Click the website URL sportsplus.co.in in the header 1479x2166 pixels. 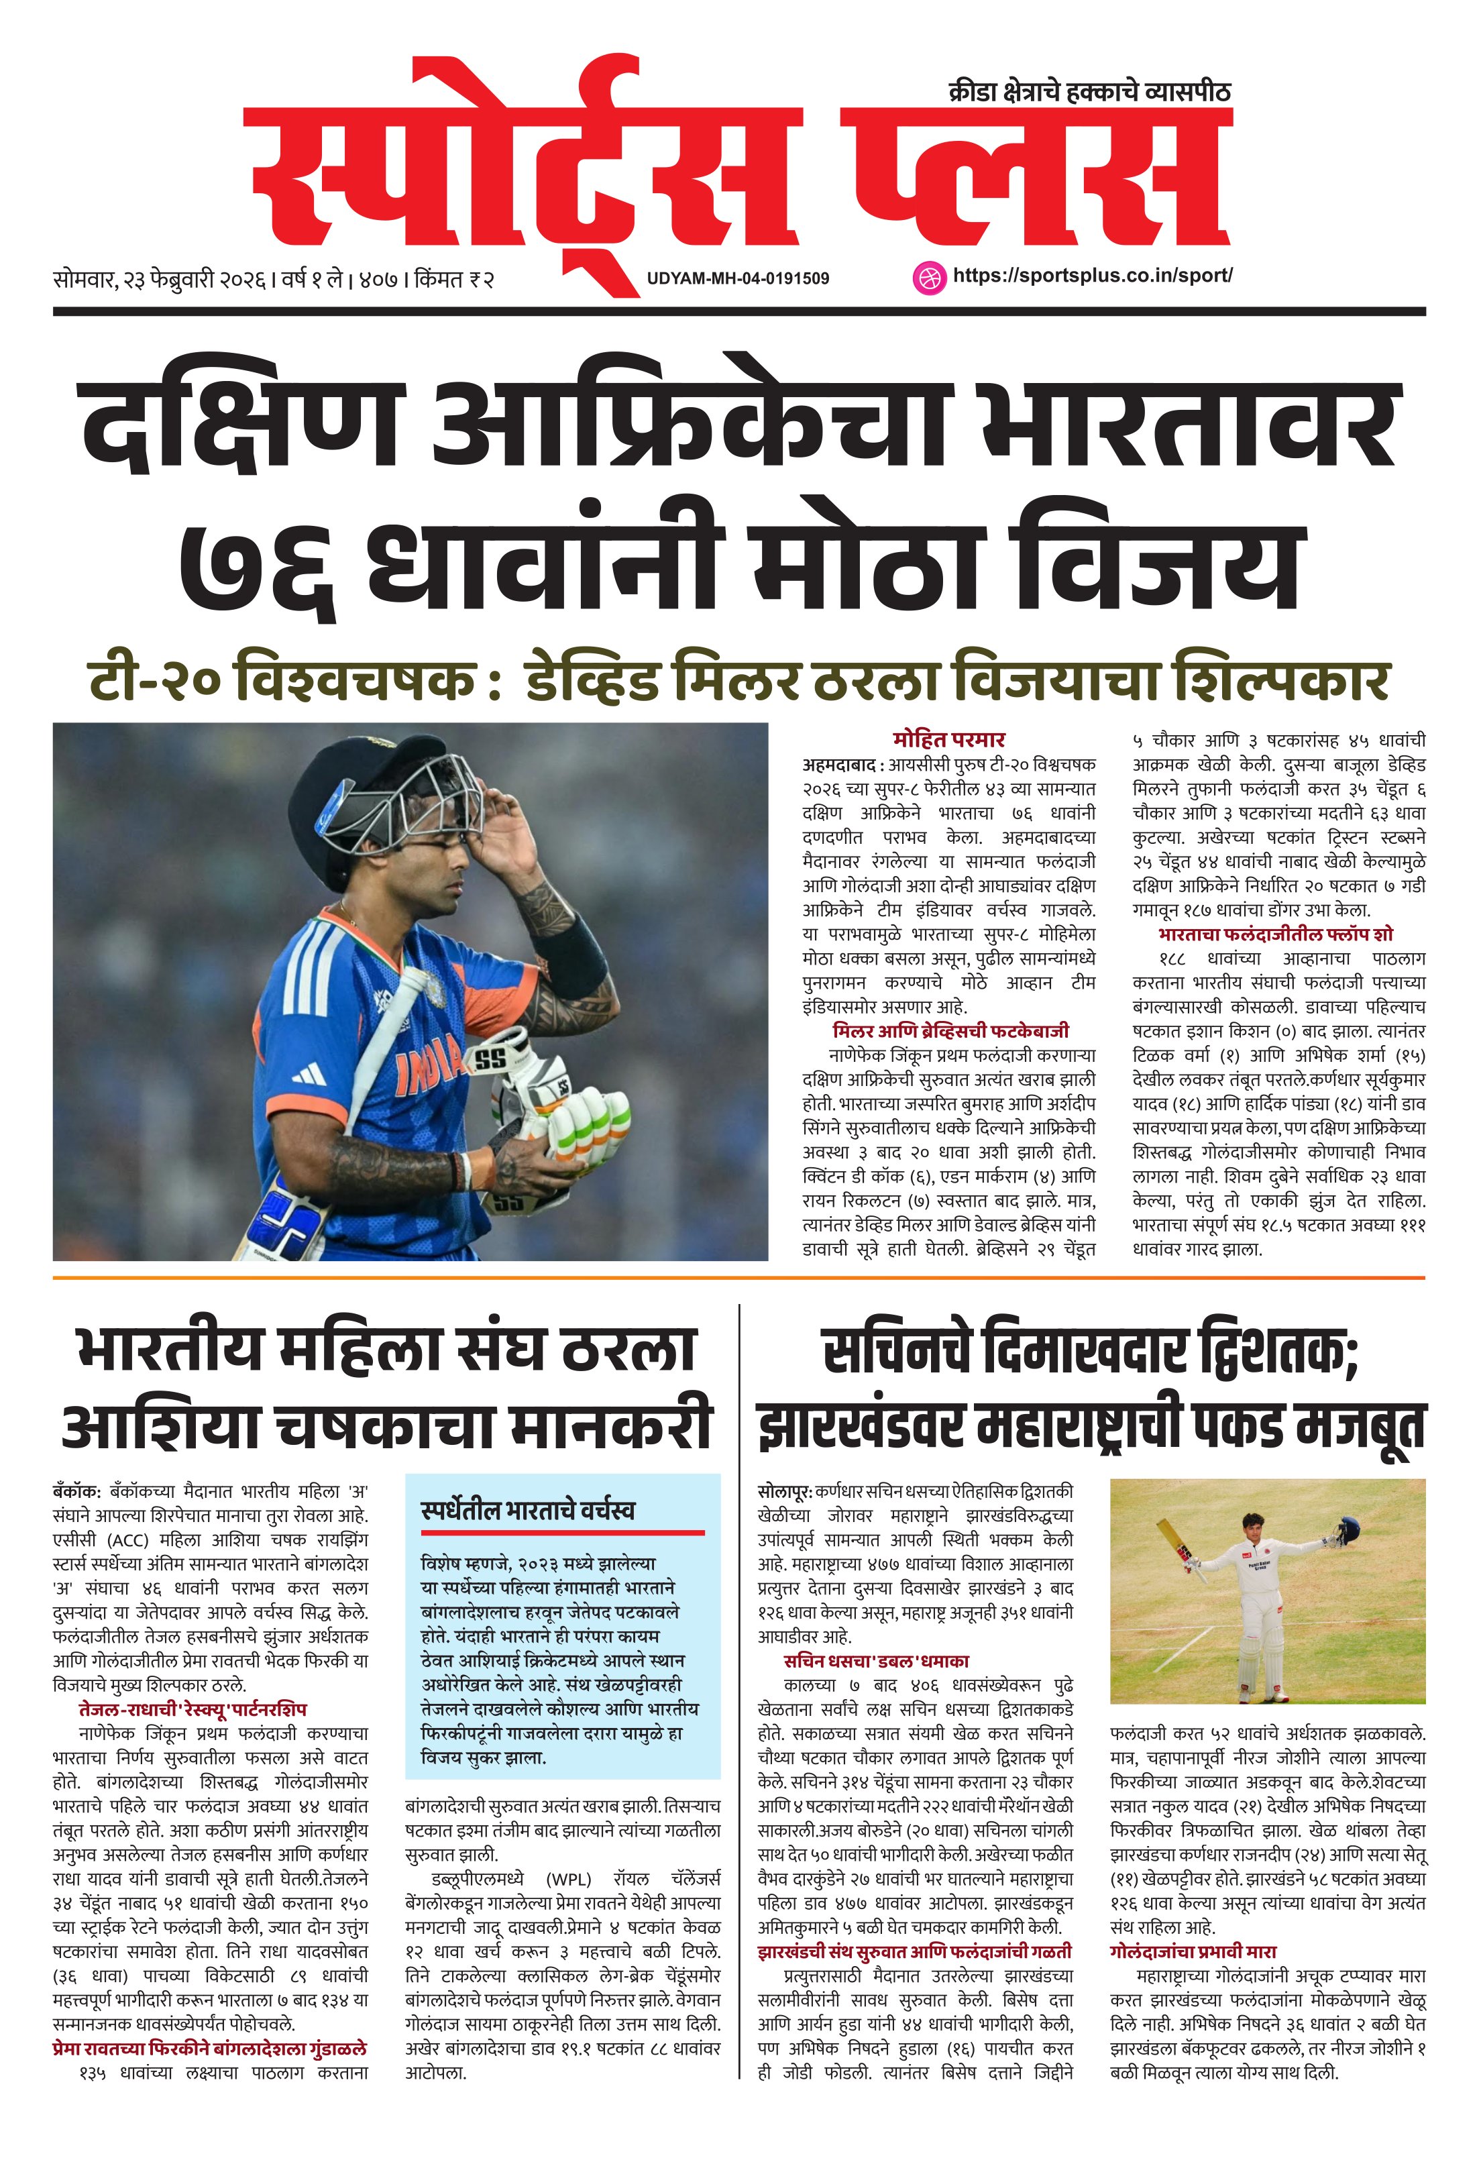(1092, 276)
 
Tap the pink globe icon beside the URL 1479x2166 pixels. (927, 277)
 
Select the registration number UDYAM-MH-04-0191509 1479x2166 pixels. (737, 278)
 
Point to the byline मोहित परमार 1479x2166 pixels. (948, 739)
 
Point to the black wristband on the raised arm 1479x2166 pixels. (569, 950)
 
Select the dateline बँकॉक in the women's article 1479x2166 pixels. (77, 1489)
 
